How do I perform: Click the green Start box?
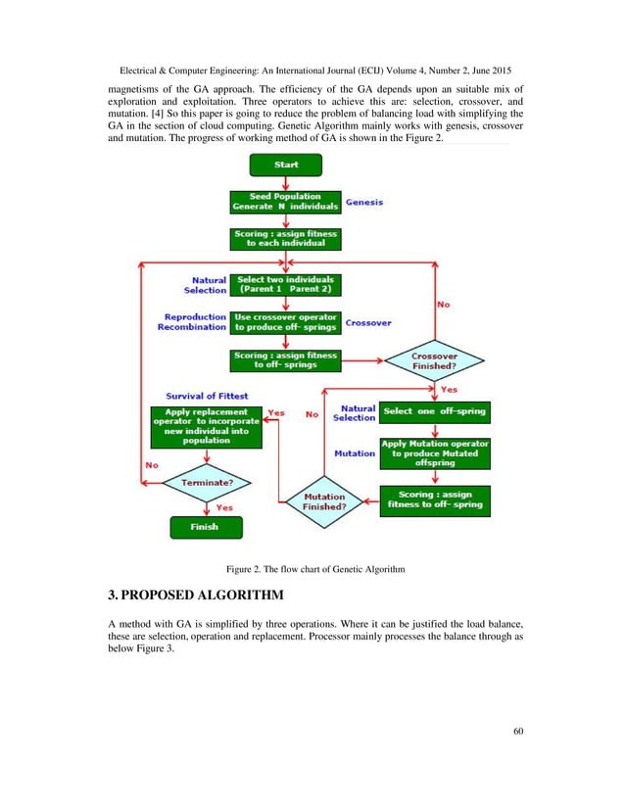click(286, 164)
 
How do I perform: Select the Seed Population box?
click(285, 202)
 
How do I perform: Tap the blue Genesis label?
click(362, 202)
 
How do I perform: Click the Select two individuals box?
click(285, 285)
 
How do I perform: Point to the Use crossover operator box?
click(285, 322)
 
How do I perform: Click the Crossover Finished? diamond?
click(433, 359)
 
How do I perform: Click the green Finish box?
click(205, 527)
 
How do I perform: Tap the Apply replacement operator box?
click(205, 427)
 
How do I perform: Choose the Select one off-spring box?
click(435, 411)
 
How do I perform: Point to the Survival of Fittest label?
click(207, 395)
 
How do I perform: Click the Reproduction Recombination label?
click(196, 322)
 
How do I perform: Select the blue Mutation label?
click(355, 453)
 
